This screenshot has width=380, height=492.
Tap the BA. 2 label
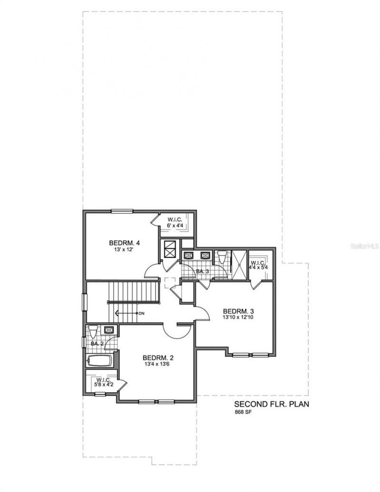[97, 343]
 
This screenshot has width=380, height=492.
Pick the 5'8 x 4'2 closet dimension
[104, 385]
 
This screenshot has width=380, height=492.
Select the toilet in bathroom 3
[220, 256]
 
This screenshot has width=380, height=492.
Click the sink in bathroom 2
[109, 329]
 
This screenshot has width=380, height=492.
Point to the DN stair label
[141, 313]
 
